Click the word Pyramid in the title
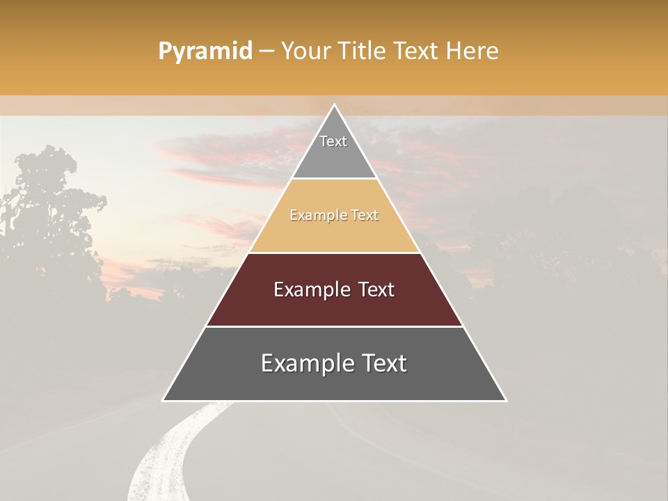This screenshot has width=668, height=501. pos(205,51)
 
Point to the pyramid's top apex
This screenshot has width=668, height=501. pos(334,106)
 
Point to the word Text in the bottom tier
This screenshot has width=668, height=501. pos(383,363)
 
